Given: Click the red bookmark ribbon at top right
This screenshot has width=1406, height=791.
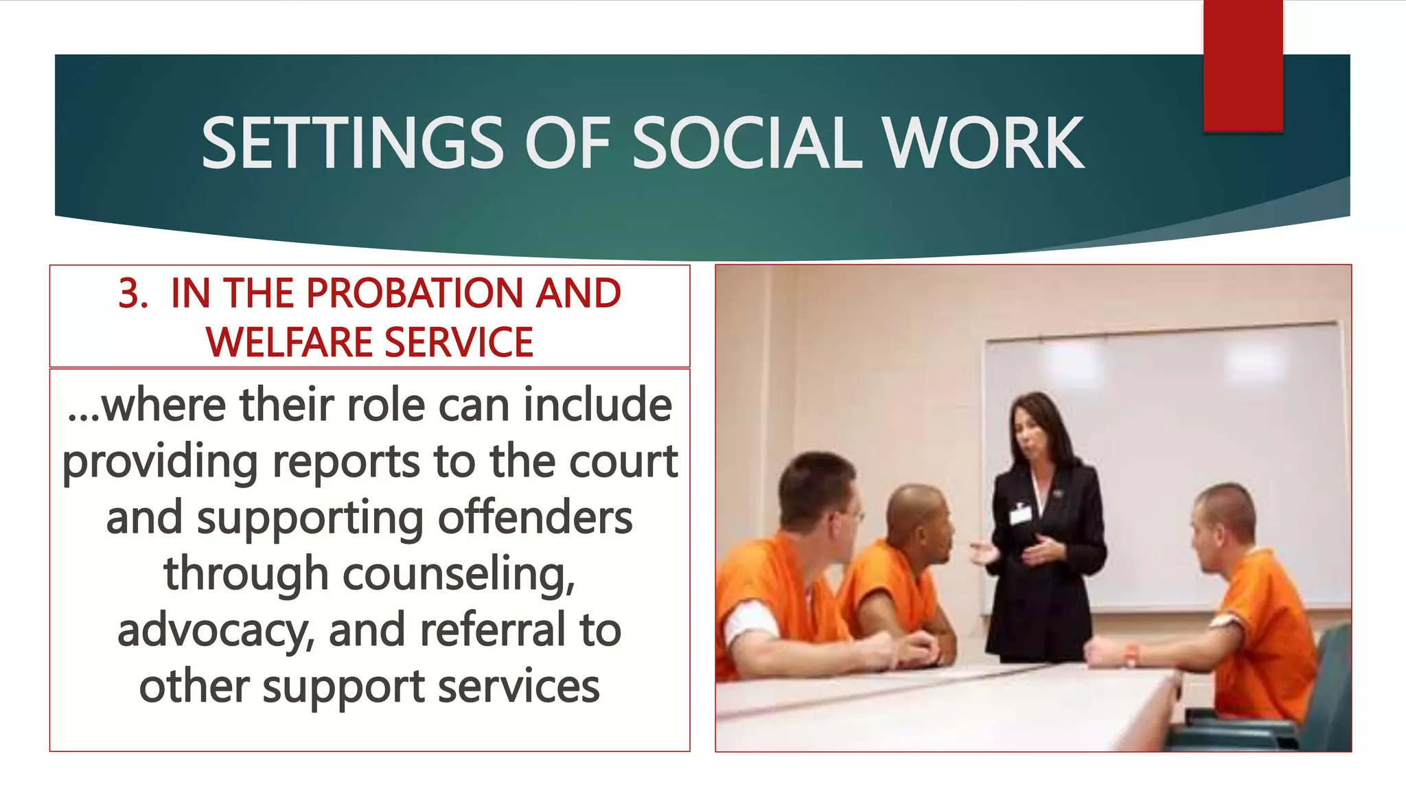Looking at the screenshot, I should pyautogui.click(x=1243, y=65).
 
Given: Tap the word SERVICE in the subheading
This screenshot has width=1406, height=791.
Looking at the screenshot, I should pyautogui.click(x=459, y=343).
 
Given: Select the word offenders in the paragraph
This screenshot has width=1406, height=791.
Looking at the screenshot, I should pyautogui.click(x=535, y=518).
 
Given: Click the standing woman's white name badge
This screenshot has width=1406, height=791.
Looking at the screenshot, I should pyautogui.click(x=1020, y=514).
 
